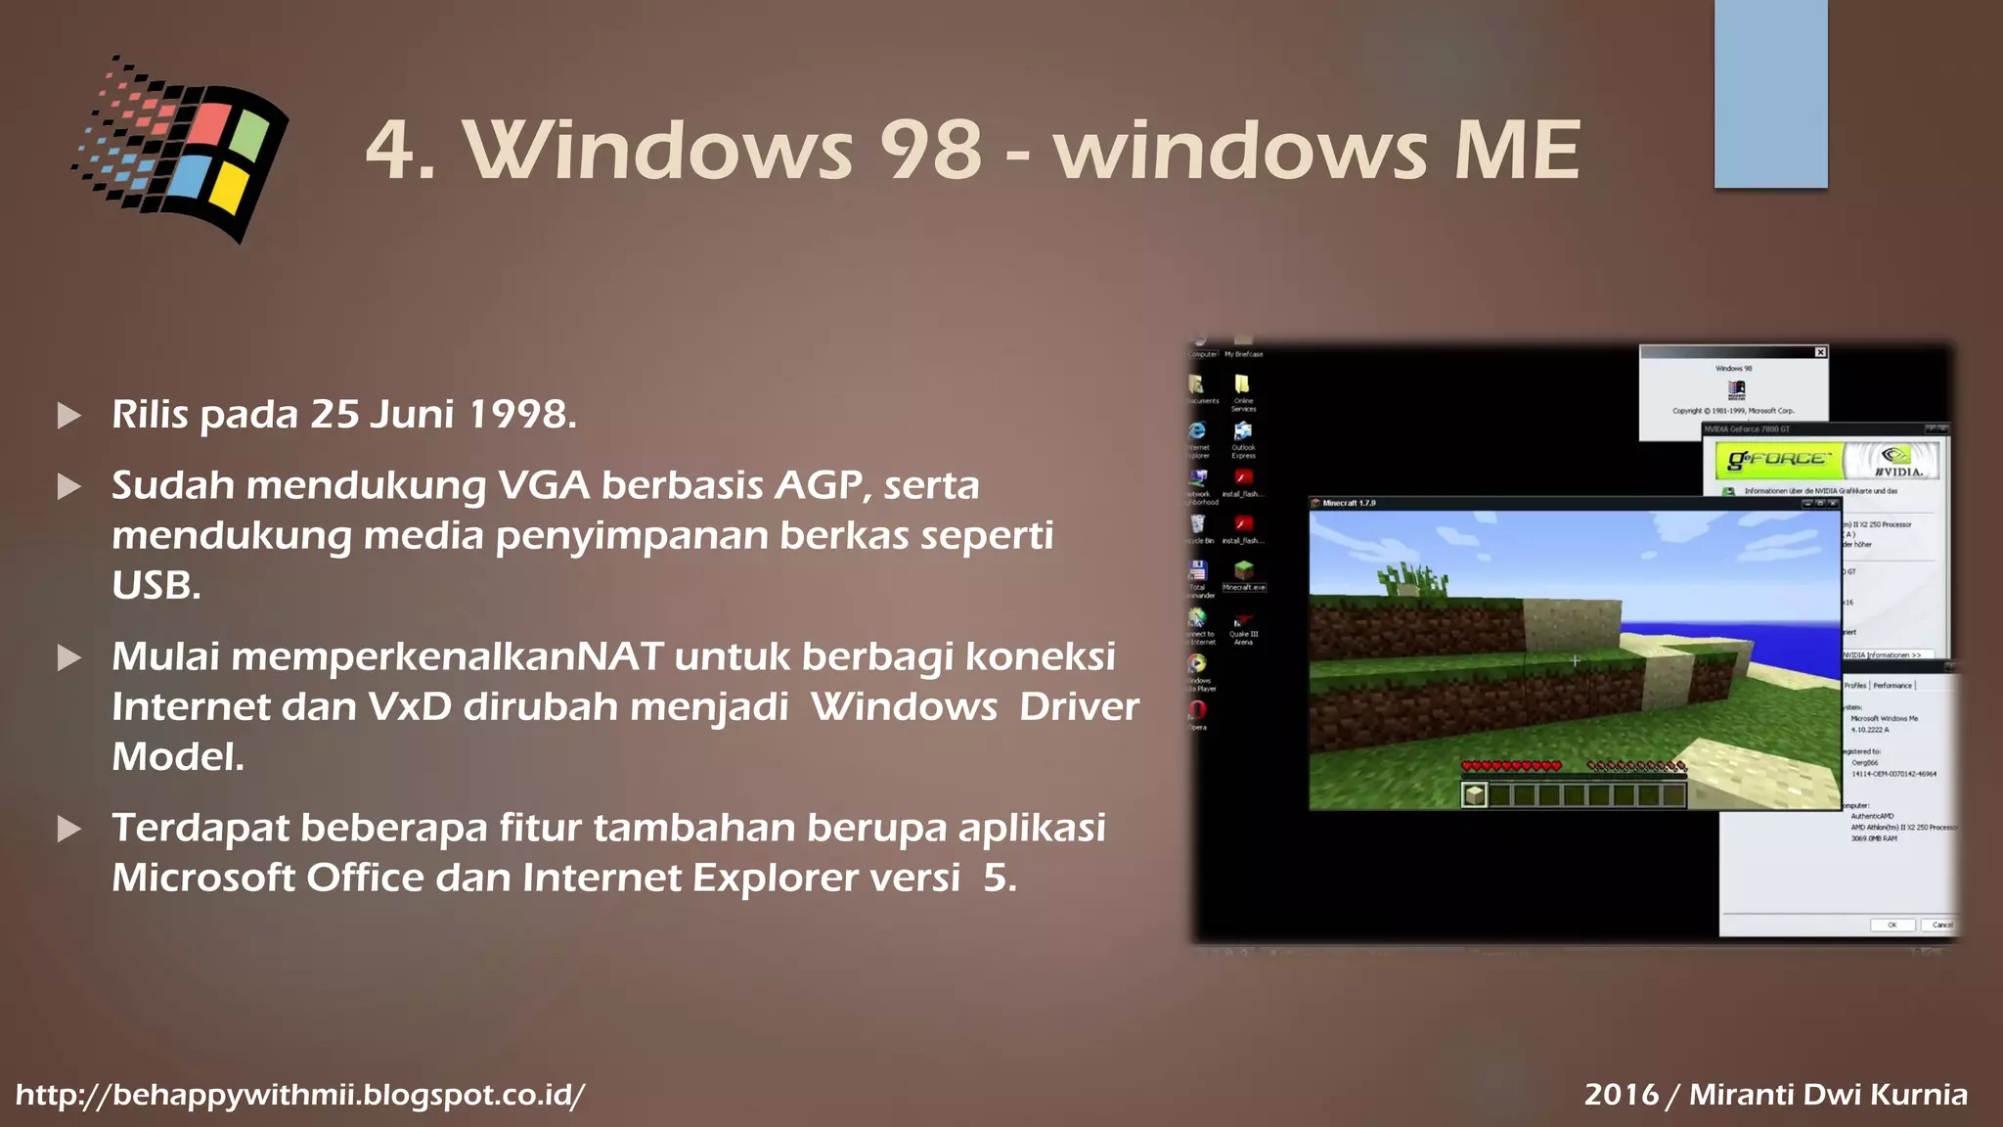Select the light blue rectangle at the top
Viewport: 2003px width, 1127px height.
pos(1770,93)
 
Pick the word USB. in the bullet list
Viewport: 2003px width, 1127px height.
pos(156,586)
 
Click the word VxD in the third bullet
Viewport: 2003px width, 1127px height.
pos(410,707)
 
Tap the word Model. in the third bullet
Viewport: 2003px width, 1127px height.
pos(178,757)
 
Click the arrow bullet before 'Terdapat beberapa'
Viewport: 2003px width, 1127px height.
pos(69,830)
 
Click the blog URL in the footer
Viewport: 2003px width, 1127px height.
pos(300,1095)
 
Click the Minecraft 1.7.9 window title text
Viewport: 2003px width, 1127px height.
pos(1349,503)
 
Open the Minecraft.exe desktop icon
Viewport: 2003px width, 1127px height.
pos(1243,571)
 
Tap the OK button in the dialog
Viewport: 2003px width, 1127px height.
pos(1892,924)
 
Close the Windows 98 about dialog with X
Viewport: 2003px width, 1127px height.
pos(1820,352)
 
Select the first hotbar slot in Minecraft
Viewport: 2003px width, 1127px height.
pos(1474,794)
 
